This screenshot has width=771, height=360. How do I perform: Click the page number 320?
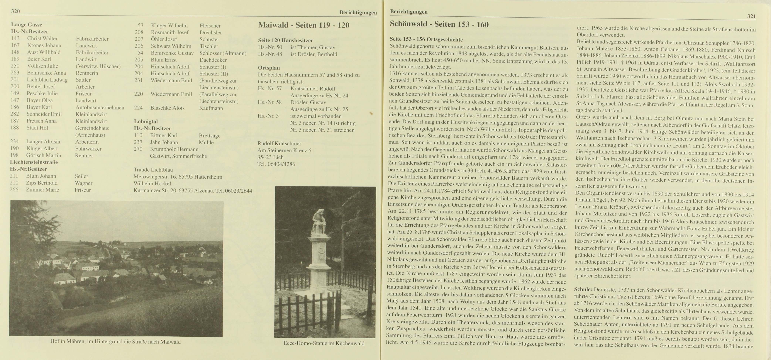pos(16,11)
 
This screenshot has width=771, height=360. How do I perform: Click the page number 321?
pos(751,16)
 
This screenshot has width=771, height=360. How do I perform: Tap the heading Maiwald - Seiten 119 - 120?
pos(304,25)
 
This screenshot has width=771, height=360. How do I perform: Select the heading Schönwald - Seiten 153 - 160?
pos(439,24)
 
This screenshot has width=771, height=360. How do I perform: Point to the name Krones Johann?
pos(44,45)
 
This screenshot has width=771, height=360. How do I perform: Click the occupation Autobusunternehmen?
pos(100,107)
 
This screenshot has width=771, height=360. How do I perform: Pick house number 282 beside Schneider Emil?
pos(14,114)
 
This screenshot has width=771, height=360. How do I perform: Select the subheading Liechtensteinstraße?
pos(34,162)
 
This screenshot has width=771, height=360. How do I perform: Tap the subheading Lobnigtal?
pos(146,121)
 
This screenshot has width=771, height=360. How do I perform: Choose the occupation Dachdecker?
pos(213,60)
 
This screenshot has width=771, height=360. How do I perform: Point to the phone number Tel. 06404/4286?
pos(276,164)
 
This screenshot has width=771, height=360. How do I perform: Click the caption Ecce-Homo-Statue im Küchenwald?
pos(324,343)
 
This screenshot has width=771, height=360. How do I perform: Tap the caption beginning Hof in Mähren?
pos(116,342)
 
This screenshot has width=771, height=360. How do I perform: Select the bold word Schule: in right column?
pos(583,289)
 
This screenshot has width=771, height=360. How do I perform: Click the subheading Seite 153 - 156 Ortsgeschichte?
pos(426,40)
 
